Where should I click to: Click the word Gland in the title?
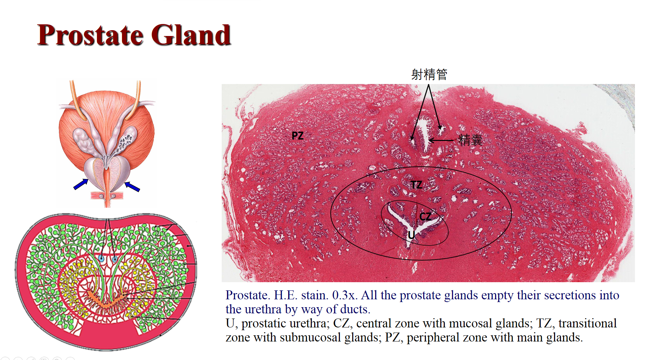[191, 35]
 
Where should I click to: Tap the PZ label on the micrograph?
[297, 136]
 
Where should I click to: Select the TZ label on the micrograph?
[416, 185]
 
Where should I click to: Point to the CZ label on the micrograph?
[426, 217]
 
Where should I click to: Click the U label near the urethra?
[411, 235]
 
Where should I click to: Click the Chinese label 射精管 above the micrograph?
[429, 74]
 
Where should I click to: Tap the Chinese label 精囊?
[470, 140]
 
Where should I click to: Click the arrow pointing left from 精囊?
[441, 140]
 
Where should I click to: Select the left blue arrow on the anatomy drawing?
[81, 184]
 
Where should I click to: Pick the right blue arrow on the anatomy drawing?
[132, 187]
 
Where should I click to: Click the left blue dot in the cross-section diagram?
[101, 258]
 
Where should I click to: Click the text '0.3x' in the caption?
[345, 295]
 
